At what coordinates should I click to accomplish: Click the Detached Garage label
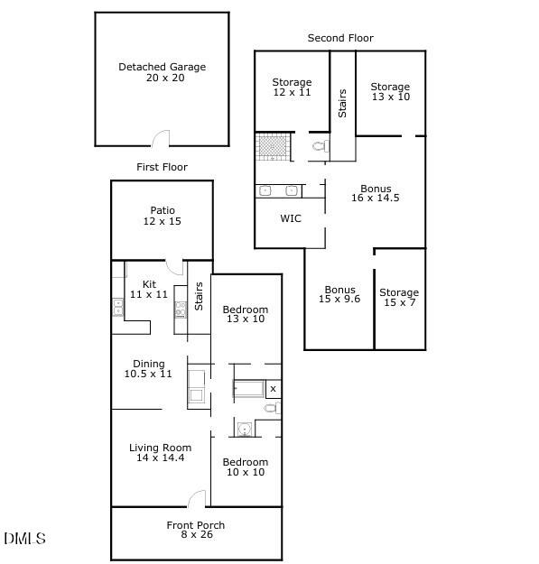pyautogui.click(x=162, y=72)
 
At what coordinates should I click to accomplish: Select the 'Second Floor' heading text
pyautogui.click(x=340, y=38)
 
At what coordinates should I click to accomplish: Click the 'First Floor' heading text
pyautogui.click(x=162, y=167)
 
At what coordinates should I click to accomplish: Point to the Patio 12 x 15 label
pyautogui.click(x=162, y=215)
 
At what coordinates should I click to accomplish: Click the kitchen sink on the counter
pyautogui.click(x=118, y=308)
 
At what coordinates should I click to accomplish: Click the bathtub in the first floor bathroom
pyautogui.click(x=249, y=390)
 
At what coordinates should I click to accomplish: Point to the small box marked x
pyautogui.click(x=274, y=390)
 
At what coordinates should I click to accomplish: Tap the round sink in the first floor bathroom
pyautogui.click(x=244, y=428)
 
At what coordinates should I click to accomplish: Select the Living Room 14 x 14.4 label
pyautogui.click(x=161, y=453)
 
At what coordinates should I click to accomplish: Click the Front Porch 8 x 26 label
pyautogui.click(x=196, y=531)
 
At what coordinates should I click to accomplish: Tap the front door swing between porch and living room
pyautogui.click(x=198, y=499)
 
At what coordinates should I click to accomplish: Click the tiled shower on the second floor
pyautogui.click(x=272, y=145)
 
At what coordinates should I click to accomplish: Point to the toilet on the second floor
pyautogui.click(x=318, y=146)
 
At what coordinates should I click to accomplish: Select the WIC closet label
pyautogui.click(x=291, y=218)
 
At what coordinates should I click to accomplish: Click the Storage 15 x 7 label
pyautogui.click(x=399, y=298)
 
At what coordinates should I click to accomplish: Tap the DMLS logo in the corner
pyautogui.click(x=24, y=539)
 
